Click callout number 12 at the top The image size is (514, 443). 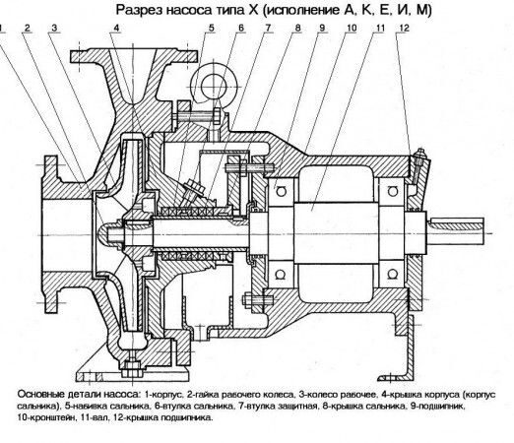pyautogui.click(x=405, y=29)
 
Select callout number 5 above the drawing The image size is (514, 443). pyautogui.click(x=211, y=29)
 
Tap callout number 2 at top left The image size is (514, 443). pyautogui.click(x=28, y=29)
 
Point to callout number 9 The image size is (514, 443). pyautogui.click(x=322, y=29)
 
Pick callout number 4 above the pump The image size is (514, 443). pyautogui.click(x=116, y=29)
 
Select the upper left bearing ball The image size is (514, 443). pyautogui.click(x=281, y=191)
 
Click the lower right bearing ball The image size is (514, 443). pyautogui.click(x=392, y=274)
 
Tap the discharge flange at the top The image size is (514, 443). pyautogui.click(x=134, y=56)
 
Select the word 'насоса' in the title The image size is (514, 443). pyautogui.click(x=188, y=11)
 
